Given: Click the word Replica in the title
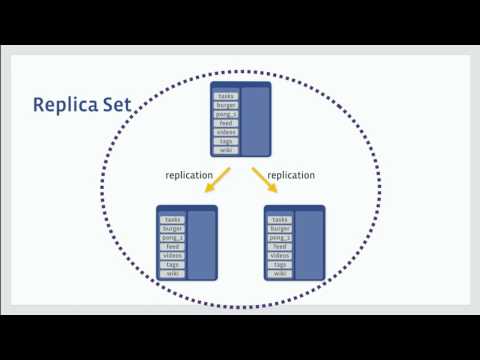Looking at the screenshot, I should point(65,105).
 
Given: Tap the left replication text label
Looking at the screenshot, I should point(188,176).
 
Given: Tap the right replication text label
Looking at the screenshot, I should point(292,176).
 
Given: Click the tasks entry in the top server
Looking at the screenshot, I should point(226,96).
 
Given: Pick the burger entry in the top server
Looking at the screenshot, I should point(226,105).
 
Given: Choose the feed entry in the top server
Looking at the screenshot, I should point(226,123).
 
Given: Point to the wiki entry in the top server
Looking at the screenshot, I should point(226,150).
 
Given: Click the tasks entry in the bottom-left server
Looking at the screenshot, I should point(173,219).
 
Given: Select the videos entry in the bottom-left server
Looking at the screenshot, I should point(173,255).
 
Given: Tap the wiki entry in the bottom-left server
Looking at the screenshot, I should point(173,273).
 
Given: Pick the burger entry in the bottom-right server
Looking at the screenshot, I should point(280,228).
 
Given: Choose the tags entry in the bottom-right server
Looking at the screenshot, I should point(280,264).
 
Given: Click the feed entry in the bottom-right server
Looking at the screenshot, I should point(280,246).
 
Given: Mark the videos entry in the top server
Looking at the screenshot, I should point(226,132).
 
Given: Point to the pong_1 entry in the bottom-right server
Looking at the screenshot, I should point(280,237).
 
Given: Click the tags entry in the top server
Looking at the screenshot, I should point(226,141).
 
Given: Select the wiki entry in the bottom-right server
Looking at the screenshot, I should point(280,273).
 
